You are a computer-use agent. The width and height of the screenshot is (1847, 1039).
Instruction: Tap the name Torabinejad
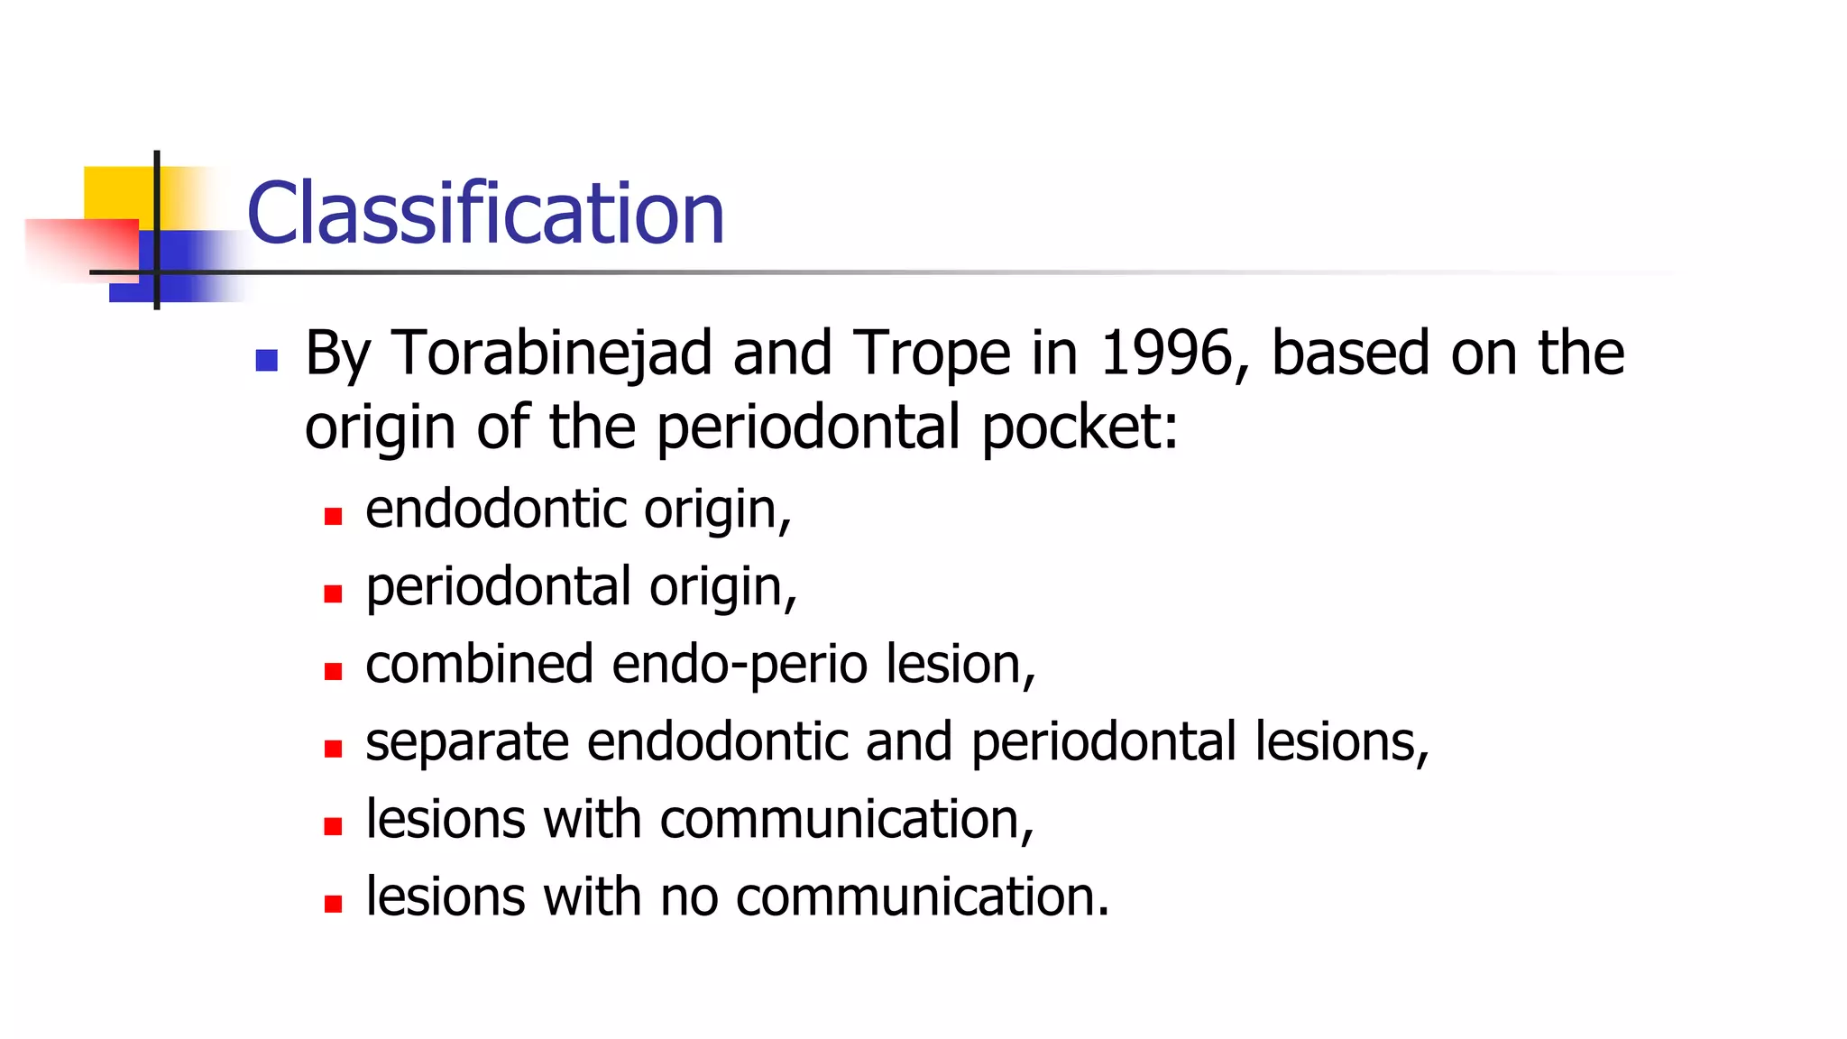pyautogui.click(x=552, y=353)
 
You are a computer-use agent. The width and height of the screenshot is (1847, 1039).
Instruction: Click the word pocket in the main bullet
pyautogui.click(x=1078, y=428)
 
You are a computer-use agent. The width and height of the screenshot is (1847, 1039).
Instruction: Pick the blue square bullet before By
pyautogui.click(x=266, y=361)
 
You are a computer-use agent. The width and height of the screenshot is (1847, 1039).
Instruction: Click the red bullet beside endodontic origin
pyautogui.click(x=333, y=517)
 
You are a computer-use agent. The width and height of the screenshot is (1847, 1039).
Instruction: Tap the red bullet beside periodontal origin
pyautogui.click(x=333, y=593)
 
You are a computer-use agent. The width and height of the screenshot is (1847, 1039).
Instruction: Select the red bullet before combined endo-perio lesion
pyautogui.click(x=333, y=671)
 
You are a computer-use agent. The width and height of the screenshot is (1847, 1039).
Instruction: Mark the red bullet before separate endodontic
pyautogui.click(x=333, y=749)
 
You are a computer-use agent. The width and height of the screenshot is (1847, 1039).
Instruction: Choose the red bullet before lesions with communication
pyautogui.click(x=333, y=826)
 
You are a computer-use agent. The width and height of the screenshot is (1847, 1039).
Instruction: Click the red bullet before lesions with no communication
pyautogui.click(x=333, y=904)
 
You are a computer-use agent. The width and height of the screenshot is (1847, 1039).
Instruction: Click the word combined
pyautogui.click(x=479, y=665)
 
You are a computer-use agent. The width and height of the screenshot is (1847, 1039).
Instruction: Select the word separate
pyautogui.click(x=466, y=742)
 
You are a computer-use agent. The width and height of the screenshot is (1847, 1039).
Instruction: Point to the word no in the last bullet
pyautogui.click(x=688, y=897)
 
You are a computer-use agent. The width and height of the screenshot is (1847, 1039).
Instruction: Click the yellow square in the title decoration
pyautogui.click(x=117, y=191)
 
